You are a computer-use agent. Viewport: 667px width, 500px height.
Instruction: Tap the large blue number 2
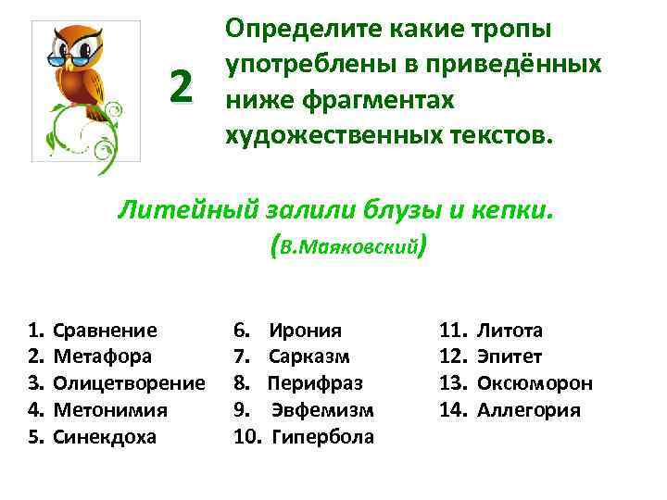tap(182, 87)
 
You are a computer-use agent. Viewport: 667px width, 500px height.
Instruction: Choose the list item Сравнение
tap(105, 331)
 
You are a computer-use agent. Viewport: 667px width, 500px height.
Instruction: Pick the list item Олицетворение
tap(129, 383)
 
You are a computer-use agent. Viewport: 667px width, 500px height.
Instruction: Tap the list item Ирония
tap(305, 331)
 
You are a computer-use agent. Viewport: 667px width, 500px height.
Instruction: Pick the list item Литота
tap(510, 331)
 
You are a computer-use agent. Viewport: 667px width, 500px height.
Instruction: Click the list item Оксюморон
tap(535, 383)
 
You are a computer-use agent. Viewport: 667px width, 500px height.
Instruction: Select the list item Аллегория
tap(528, 410)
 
